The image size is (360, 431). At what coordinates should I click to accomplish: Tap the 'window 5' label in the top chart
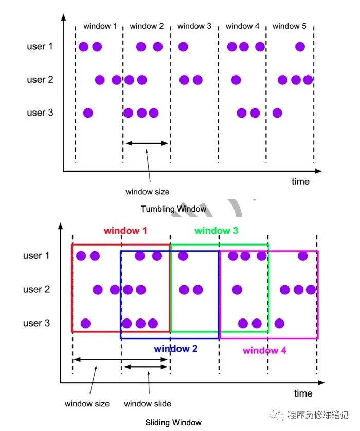[x=290, y=26]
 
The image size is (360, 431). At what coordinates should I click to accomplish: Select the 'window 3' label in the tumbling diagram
[x=194, y=26]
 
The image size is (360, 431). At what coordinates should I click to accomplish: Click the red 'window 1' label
[x=125, y=231]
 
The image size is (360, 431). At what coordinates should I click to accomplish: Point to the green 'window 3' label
[x=217, y=231]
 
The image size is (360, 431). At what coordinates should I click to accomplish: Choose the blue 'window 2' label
[x=176, y=349]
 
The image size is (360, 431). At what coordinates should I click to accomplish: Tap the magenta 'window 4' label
[x=264, y=351]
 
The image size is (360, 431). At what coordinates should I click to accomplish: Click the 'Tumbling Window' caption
[x=173, y=209]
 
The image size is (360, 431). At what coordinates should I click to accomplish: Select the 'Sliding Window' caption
[x=173, y=422]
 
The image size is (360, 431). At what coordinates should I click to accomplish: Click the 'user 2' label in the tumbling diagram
[x=40, y=80]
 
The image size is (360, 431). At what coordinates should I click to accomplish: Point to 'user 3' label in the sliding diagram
[x=37, y=323]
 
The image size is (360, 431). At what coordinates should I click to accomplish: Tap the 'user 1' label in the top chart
[x=40, y=47]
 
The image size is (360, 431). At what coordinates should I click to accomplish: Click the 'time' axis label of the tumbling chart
[x=300, y=181]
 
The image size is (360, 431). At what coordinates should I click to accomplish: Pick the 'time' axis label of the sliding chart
[x=303, y=393]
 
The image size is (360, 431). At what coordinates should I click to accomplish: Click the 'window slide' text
[x=148, y=403]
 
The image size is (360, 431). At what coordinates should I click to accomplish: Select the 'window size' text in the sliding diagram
[x=87, y=403]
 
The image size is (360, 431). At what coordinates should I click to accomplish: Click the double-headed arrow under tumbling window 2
[x=147, y=143]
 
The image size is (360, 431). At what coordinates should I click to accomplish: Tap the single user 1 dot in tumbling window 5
[x=300, y=47]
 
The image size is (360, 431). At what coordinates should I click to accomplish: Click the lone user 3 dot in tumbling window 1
[x=88, y=113]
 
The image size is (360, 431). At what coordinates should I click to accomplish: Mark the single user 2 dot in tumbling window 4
[x=236, y=80]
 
